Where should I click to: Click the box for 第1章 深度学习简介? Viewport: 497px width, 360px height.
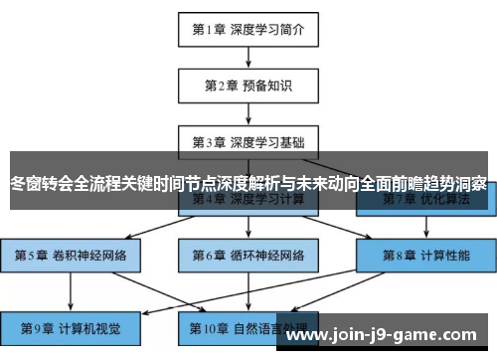(x=248, y=29)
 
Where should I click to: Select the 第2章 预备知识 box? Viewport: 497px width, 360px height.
(x=248, y=86)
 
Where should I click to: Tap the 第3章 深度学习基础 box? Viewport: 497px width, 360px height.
(x=248, y=142)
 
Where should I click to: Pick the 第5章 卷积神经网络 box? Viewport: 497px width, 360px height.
(x=71, y=256)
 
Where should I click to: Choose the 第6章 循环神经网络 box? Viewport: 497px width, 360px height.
(x=248, y=256)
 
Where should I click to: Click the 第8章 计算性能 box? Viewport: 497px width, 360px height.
(x=426, y=256)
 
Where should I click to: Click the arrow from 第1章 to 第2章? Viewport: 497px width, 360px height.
(x=248, y=58)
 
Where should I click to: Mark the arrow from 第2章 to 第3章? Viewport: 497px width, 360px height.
(x=248, y=114)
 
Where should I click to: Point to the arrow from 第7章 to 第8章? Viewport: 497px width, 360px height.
(x=426, y=227)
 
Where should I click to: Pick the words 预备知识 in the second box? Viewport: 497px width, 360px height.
(x=267, y=86)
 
